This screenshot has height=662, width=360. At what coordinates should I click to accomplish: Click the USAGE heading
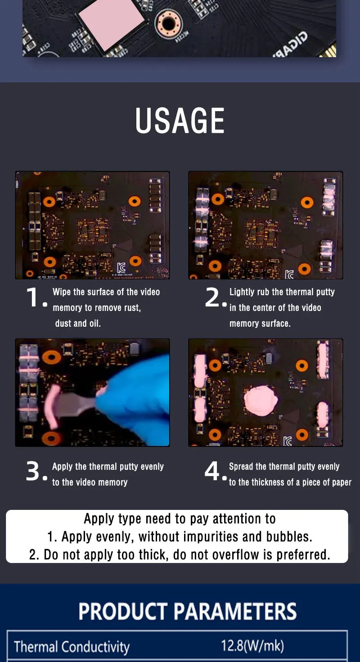pos(180,120)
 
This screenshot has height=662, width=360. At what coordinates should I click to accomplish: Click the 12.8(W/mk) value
pos(252,646)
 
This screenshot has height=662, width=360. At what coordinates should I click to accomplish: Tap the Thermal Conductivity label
pos(72,647)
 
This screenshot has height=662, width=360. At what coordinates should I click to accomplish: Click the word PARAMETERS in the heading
pos(235,611)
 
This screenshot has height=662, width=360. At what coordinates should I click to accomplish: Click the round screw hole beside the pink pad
pos(168,23)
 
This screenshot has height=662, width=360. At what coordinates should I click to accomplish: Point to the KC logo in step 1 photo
pos(121,268)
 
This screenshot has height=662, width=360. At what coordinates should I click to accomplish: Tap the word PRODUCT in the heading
pos(123,611)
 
